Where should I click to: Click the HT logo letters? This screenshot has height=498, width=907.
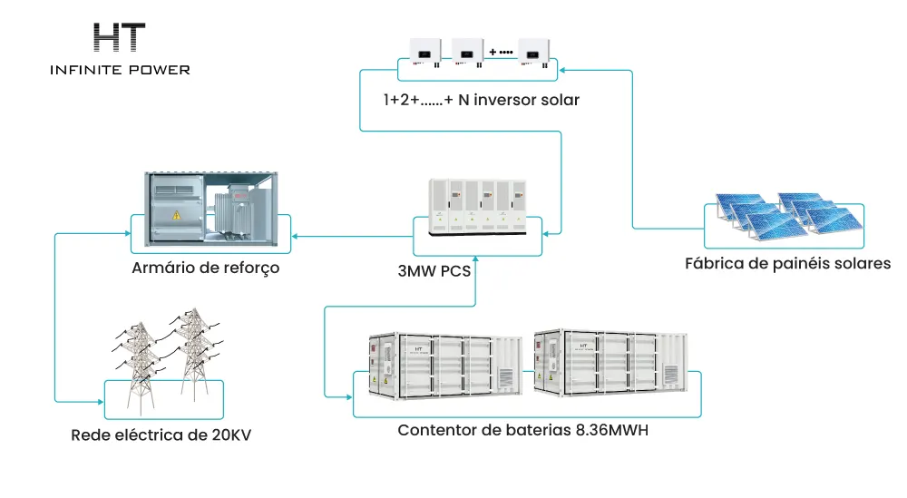tap(119, 37)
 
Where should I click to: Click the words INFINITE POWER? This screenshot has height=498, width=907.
tap(121, 70)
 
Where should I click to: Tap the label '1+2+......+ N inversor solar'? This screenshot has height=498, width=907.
tap(482, 100)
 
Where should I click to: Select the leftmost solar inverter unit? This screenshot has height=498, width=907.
tap(425, 52)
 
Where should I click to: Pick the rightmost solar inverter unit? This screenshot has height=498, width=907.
tap(534, 53)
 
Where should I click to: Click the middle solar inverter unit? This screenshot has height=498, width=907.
tap(467, 52)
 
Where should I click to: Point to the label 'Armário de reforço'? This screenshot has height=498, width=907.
tap(205, 268)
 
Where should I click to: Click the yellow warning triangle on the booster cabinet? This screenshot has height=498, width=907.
tap(177, 215)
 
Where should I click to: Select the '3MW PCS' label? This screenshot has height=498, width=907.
tap(434, 270)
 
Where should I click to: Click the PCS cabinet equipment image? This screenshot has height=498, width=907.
tap(478, 207)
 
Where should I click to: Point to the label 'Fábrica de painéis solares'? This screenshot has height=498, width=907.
tap(788, 263)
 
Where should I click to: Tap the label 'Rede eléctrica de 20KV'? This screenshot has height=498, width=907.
tap(161, 435)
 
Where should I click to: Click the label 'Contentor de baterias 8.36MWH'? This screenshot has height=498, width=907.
tap(523, 430)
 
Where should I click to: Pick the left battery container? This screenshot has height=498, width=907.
tap(445, 366)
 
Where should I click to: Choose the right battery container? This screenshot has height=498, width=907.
tap(610, 363)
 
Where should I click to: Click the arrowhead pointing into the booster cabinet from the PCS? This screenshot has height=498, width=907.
tap(295, 236)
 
